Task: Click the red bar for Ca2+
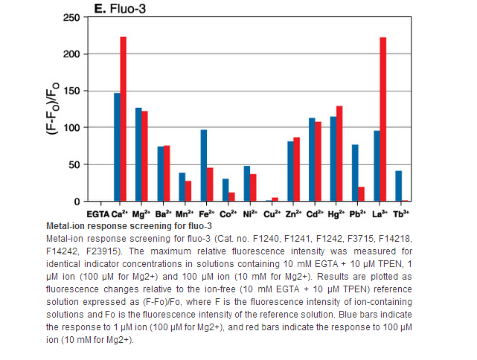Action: (x=124, y=119)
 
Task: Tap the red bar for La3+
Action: (x=382, y=119)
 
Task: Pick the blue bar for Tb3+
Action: (x=398, y=186)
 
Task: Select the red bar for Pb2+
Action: (x=361, y=194)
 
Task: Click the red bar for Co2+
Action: (x=231, y=197)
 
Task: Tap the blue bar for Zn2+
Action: (x=290, y=171)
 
